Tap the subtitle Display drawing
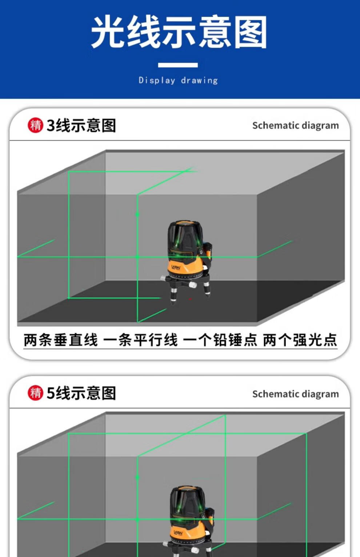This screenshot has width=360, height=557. [x=178, y=80]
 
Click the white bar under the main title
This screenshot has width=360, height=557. [x=178, y=65]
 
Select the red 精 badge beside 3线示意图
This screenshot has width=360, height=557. [x=35, y=125]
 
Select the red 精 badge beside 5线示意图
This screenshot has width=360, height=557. [x=35, y=393]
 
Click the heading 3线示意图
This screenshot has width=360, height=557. [x=81, y=125]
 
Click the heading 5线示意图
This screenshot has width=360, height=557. [x=81, y=393]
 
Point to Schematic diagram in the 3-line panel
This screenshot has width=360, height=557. [x=296, y=126]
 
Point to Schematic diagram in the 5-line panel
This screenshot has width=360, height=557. [x=296, y=394]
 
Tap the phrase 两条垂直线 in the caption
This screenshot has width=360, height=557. [x=61, y=340]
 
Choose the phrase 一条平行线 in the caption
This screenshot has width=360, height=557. [x=141, y=340]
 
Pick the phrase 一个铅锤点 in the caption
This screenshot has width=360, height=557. [x=220, y=340]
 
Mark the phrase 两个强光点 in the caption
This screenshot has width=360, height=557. [x=300, y=340]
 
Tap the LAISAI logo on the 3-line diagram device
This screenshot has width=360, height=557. [x=176, y=267]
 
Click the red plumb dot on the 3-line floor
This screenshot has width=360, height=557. [x=190, y=299]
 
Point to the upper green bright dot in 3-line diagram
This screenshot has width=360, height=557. [x=137, y=214]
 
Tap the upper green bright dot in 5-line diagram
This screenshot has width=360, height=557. [x=137, y=477]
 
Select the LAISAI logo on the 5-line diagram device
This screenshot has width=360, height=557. [x=178, y=532]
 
